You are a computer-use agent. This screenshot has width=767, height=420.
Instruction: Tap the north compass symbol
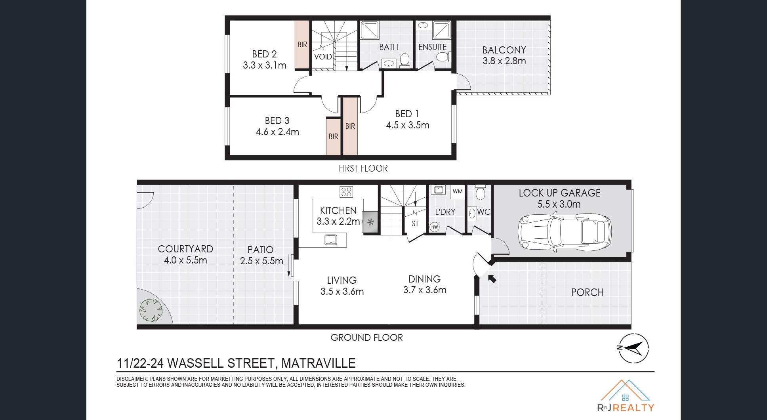pos(633,348)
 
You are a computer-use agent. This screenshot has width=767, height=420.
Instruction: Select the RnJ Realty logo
pos(626,396)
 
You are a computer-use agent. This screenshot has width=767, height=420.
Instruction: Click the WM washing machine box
pos(458,192)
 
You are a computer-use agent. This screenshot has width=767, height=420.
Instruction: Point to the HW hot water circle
pos(435,227)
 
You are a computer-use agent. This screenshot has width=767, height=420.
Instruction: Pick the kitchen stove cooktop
pos(346,192)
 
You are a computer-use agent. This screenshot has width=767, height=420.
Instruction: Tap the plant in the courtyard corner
pos(151,309)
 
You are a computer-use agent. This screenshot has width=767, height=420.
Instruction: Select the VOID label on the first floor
pos(323,57)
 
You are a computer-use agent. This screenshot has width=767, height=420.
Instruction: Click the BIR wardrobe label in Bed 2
pos(302,44)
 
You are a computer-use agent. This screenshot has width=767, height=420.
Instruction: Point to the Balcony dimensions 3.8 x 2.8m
pos(504,61)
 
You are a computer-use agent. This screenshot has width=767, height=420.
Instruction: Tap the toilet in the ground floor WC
pos(480,192)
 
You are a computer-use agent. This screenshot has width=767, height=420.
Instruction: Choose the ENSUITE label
pos(432,47)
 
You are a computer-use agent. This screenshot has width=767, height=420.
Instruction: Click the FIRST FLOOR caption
pos(363,168)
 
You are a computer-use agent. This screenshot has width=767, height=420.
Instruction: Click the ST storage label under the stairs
pos(415,223)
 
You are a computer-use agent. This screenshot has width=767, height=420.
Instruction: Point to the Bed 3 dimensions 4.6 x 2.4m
pos(277,132)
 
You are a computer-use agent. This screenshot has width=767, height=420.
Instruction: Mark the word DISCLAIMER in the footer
pos(132,379)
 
